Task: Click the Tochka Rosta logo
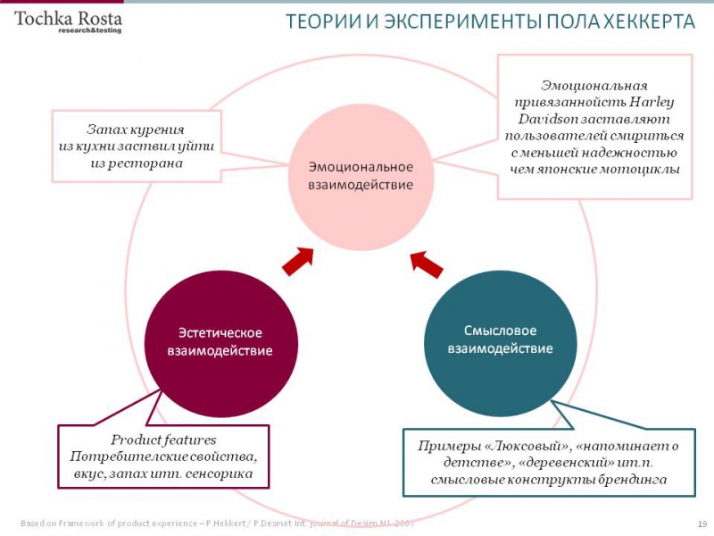(x=68, y=20)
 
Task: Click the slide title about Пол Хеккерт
(x=490, y=21)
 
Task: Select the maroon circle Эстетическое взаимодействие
(x=220, y=340)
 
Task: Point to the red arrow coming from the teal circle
(x=427, y=261)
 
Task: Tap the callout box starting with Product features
(x=163, y=457)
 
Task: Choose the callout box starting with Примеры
(x=549, y=462)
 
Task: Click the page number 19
(x=702, y=523)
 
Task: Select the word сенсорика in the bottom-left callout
(x=236, y=473)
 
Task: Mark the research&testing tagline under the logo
(x=89, y=30)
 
